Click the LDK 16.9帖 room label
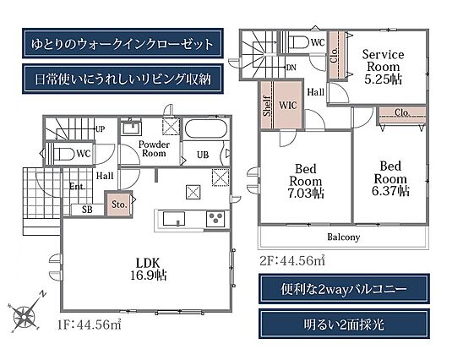click(x=149, y=269)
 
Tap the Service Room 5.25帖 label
click(x=383, y=67)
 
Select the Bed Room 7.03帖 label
click(x=306, y=181)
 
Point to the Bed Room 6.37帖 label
click(x=390, y=178)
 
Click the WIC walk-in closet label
click(x=288, y=105)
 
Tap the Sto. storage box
click(x=119, y=205)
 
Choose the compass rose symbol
click(x=25, y=314)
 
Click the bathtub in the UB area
click(x=206, y=128)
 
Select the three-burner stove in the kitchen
click(x=215, y=219)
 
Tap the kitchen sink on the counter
click(x=174, y=219)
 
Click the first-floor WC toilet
click(x=62, y=154)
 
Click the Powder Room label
click(x=154, y=149)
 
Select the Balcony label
click(x=343, y=237)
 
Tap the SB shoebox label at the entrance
click(x=87, y=210)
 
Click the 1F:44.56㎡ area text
click(x=90, y=325)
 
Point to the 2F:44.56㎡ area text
click(x=292, y=260)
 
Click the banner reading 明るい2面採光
click(x=344, y=324)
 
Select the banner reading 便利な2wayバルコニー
click(x=344, y=289)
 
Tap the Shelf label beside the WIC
click(x=267, y=106)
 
